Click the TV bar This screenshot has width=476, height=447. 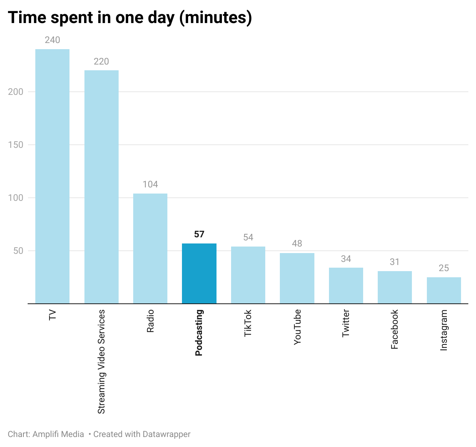(x=52, y=176)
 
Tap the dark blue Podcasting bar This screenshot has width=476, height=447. (x=199, y=273)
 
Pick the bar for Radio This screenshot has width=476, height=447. (x=150, y=248)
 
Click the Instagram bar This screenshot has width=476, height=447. (x=444, y=290)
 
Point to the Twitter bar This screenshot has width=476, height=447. (x=346, y=285)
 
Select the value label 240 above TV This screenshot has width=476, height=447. (x=52, y=40)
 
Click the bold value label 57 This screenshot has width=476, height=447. (x=199, y=234)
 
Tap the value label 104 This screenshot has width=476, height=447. (x=150, y=184)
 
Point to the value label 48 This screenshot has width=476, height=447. (x=297, y=243)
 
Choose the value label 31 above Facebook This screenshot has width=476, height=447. (x=395, y=262)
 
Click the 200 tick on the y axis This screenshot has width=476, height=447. (x=16, y=92)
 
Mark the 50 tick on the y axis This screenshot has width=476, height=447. (x=18, y=251)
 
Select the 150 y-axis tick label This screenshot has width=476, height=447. (x=16, y=145)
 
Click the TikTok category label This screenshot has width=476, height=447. (x=248, y=323)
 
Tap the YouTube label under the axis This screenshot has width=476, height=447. (x=297, y=327)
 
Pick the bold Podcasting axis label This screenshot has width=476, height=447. (x=199, y=333)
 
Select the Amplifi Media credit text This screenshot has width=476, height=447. (x=58, y=434)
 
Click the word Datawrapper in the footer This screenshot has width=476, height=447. (x=166, y=434)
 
